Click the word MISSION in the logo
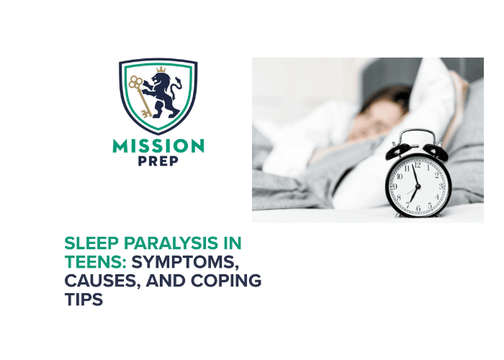(x=158, y=145)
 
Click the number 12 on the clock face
(x=416, y=166)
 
